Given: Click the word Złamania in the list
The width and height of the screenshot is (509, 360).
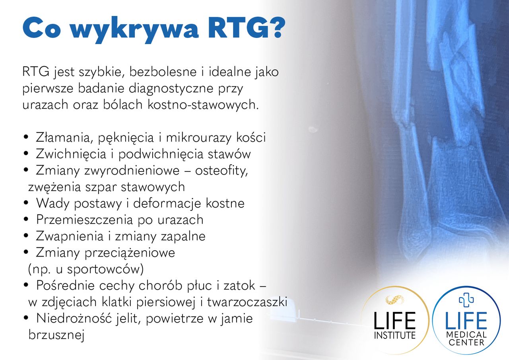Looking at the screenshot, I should point(60,138).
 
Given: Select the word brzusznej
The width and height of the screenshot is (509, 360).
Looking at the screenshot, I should point(57,335).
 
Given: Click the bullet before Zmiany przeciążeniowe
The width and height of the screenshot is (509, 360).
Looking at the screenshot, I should point(26,253).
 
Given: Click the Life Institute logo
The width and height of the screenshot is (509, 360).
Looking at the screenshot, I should point(394,320).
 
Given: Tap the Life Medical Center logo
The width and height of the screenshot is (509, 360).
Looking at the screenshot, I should point(466,321).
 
